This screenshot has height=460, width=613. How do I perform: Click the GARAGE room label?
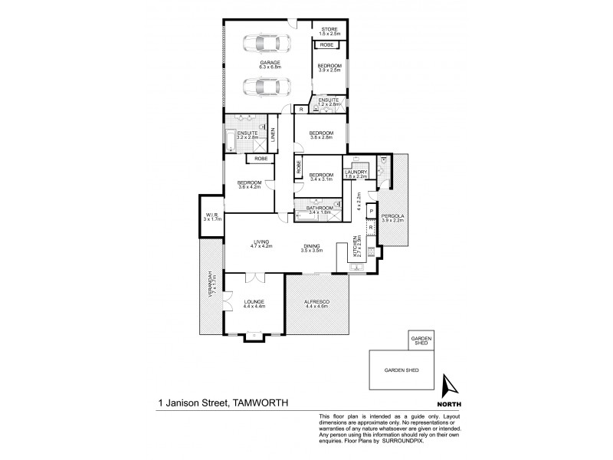tap(268, 63)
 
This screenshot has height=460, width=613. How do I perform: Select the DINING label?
tap(313, 245)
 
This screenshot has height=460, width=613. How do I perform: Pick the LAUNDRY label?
tap(356, 172)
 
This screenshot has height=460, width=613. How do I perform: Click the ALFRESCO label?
tap(316, 304)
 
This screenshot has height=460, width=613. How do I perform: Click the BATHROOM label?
tap(319, 208)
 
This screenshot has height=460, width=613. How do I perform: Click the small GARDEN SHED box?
tap(422, 340)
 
